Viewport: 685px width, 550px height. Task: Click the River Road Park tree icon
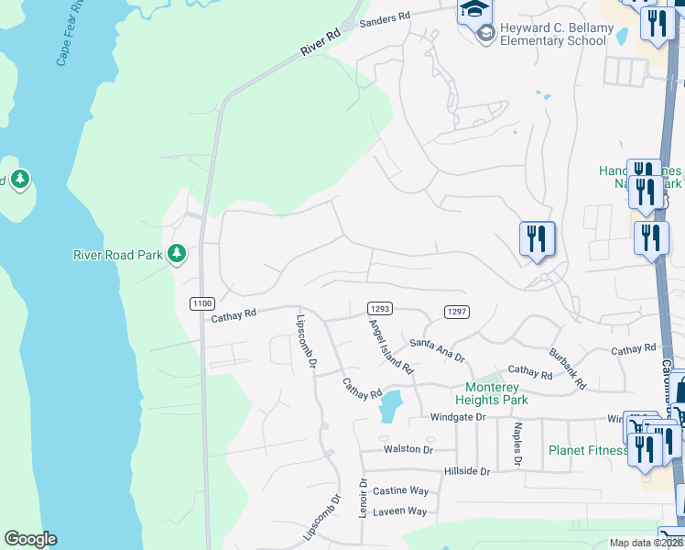coord(178,254)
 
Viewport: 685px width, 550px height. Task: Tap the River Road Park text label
coord(117,255)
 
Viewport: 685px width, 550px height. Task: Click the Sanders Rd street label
coord(384,20)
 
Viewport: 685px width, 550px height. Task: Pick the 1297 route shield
coord(457,312)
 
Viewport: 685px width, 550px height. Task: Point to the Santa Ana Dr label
coord(437,349)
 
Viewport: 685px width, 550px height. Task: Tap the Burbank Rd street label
coord(567,368)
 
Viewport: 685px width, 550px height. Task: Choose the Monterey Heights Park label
coord(492,393)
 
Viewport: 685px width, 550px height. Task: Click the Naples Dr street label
coord(517,445)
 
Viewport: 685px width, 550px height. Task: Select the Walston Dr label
coord(408,449)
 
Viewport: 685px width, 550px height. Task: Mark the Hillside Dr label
coord(466,470)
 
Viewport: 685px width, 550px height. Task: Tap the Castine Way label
coord(400,491)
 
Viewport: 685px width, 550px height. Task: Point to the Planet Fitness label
coord(587,450)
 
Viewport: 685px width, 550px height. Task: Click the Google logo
coord(30,539)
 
